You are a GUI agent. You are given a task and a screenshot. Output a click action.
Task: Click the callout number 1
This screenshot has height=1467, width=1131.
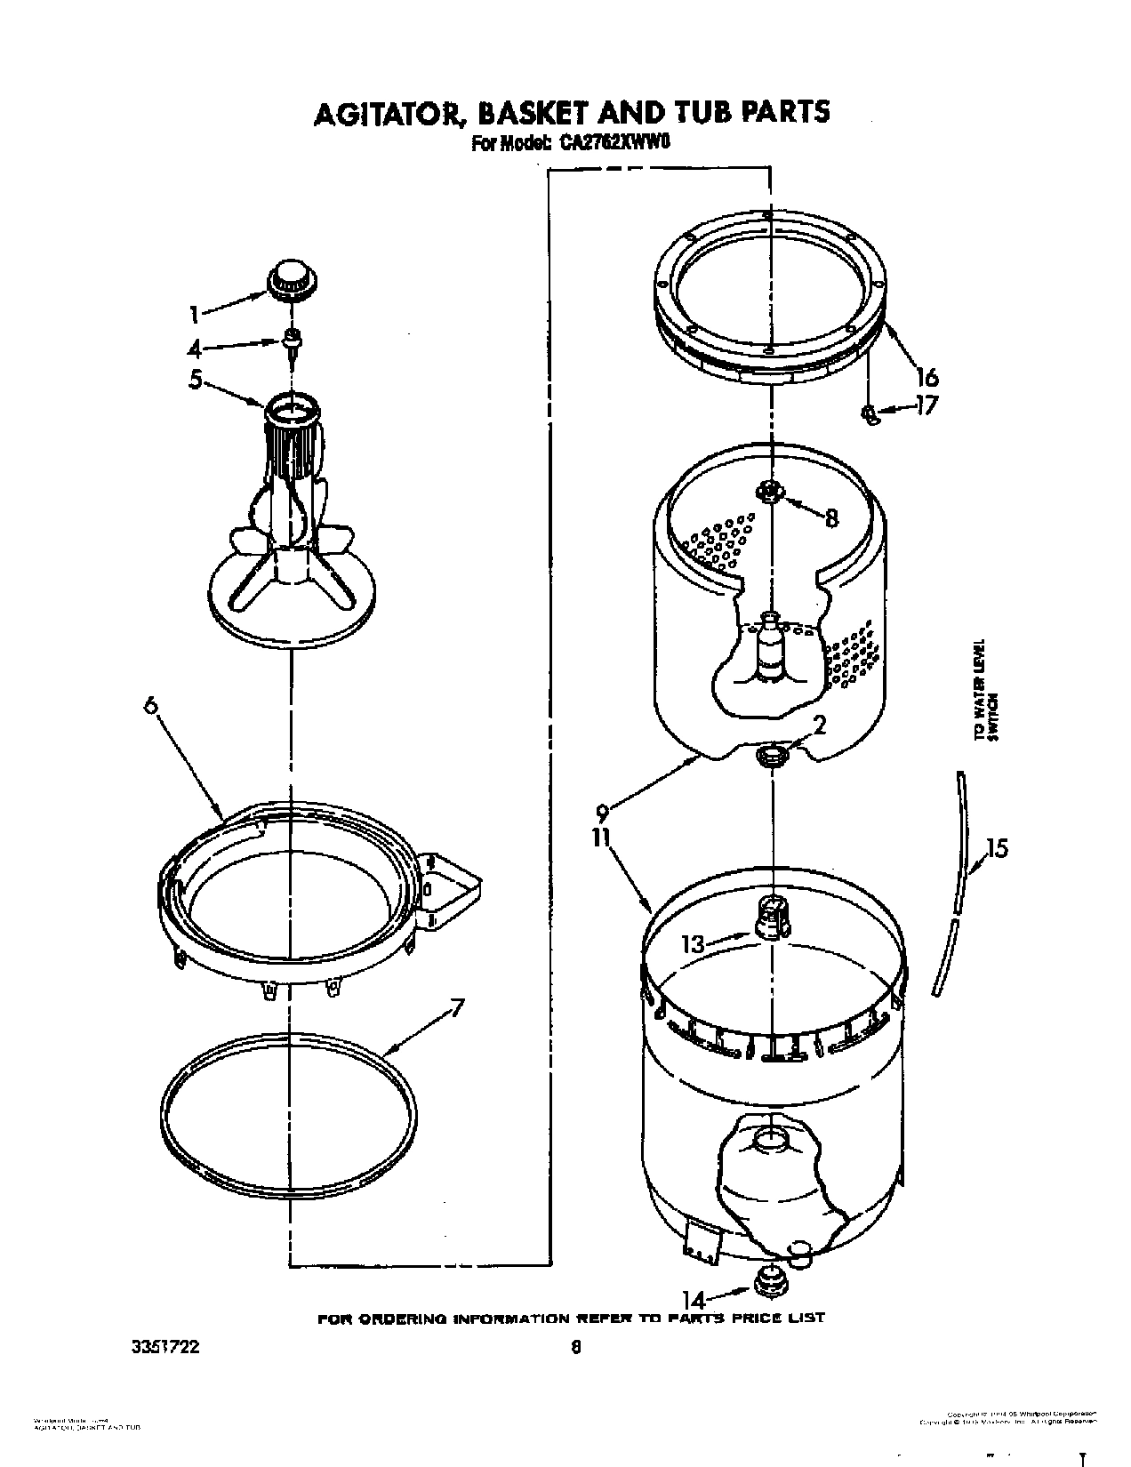click(194, 313)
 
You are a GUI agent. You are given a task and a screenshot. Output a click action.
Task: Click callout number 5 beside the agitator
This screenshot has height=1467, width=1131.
click(196, 381)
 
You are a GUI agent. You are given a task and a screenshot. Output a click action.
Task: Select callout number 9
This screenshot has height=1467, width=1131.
click(603, 812)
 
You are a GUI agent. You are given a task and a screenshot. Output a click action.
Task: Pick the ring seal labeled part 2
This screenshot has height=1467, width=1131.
click(771, 756)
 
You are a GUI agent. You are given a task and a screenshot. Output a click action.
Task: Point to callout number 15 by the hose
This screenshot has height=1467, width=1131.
click(997, 848)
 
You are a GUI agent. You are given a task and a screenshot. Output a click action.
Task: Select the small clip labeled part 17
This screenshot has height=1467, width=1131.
click(870, 413)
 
